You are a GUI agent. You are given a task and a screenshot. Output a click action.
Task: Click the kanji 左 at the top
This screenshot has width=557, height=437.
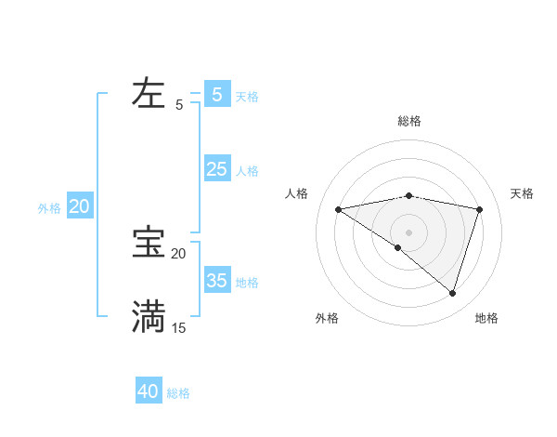(x=149, y=93)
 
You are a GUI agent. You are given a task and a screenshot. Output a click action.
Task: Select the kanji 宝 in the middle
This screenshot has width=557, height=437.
(x=149, y=243)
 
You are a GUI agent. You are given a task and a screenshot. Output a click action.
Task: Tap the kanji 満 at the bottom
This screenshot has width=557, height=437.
(x=149, y=316)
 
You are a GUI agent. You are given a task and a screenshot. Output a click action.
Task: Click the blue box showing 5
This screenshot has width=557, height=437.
(x=217, y=95)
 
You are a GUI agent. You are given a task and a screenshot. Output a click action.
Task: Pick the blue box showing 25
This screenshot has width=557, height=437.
(x=217, y=169)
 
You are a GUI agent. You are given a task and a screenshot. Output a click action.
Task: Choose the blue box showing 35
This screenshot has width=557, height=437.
(x=217, y=281)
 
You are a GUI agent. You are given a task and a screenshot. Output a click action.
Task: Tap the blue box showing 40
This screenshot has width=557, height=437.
(x=149, y=391)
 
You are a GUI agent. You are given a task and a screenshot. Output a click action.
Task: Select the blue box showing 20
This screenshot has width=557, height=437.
(x=79, y=206)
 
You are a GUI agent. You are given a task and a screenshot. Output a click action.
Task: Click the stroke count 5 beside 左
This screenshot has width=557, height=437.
(x=179, y=105)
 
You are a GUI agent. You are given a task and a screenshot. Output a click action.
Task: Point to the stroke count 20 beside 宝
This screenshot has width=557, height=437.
(x=178, y=253)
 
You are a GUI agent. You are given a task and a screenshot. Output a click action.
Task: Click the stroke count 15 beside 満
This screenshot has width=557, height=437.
(x=178, y=327)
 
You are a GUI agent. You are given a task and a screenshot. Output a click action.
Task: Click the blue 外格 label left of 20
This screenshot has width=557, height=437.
(x=49, y=208)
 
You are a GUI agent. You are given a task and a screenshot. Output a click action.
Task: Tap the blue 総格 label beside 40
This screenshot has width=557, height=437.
(x=178, y=393)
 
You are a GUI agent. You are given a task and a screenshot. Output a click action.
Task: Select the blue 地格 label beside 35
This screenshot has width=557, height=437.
(x=247, y=283)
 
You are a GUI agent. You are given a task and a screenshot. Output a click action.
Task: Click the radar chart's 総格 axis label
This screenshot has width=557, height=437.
(x=408, y=121)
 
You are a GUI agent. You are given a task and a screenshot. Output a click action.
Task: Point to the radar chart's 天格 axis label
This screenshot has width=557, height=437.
(x=522, y=193)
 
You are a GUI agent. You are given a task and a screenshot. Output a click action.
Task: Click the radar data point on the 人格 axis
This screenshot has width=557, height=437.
(x=338, y=209)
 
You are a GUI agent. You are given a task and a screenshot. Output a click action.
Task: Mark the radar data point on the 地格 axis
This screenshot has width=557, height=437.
(x=452, y=293)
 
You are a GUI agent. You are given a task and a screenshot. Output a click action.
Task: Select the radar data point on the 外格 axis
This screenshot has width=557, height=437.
(x=398, y=247)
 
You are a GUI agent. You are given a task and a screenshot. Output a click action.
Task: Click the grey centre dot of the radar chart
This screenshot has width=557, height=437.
(x=408, y=232)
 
